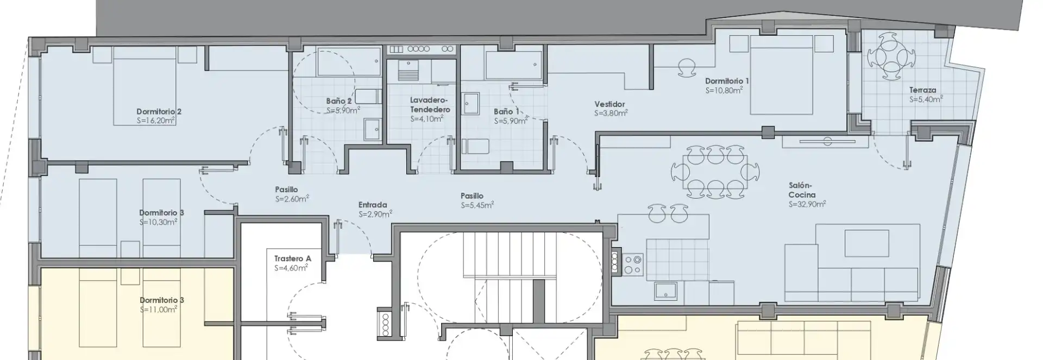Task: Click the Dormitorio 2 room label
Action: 159,112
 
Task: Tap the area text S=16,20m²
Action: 156,121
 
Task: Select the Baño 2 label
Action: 339,101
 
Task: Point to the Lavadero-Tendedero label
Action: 430,105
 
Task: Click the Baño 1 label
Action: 506,112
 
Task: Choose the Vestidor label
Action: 610,104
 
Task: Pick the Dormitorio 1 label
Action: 727,81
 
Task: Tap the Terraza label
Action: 922,90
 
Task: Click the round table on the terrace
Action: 891,56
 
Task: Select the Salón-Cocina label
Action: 802,190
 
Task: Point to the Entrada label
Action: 373,205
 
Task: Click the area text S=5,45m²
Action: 477,205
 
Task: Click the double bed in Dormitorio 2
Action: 145,86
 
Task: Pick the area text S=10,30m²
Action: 158,222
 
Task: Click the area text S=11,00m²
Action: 159,310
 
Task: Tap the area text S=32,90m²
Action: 807,205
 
